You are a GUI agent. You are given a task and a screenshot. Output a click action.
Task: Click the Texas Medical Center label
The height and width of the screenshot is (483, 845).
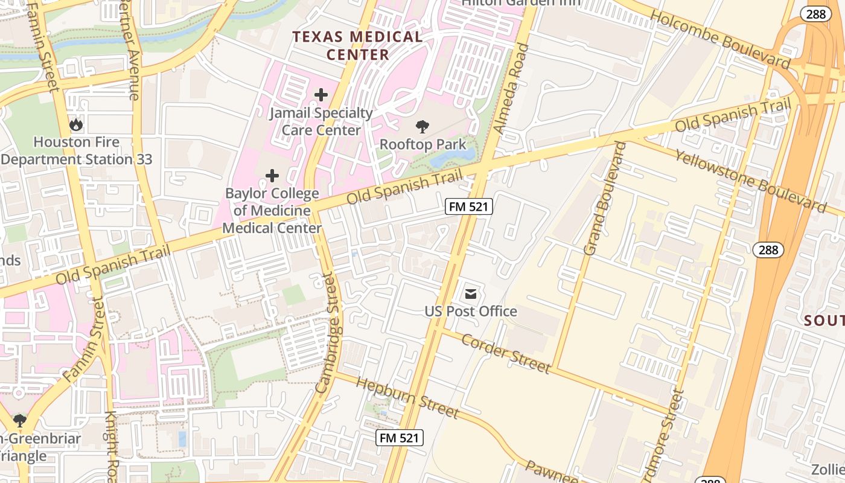(358, 45)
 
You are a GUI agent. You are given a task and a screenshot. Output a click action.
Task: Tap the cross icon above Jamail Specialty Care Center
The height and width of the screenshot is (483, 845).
(321, 95)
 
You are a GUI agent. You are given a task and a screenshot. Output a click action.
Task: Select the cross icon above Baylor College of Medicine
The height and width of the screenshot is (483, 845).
(272, 176)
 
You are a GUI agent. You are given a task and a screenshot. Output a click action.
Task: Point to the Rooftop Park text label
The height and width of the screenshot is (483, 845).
(422, 145)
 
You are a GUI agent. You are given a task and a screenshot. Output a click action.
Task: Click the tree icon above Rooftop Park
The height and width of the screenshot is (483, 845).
(422, 127)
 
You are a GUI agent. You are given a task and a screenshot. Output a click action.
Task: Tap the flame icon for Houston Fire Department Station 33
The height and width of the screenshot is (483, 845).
(76, 125)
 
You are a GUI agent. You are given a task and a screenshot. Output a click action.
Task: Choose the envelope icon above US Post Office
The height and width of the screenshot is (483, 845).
(471, 295)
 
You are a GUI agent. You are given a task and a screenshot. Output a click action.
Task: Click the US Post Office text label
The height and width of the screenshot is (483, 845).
(471, 312)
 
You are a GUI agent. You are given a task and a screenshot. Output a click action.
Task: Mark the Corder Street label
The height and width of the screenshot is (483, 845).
(506, 353)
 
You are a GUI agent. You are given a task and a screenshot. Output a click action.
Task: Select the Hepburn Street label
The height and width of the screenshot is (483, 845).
(407, 397)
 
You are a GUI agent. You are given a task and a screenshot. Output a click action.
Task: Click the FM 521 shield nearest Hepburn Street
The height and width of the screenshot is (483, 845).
(399, 438)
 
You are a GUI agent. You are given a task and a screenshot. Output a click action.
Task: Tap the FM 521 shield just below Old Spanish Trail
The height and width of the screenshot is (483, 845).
(469, 206)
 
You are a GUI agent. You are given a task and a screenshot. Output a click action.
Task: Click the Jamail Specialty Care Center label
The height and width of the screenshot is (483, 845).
(321, 121)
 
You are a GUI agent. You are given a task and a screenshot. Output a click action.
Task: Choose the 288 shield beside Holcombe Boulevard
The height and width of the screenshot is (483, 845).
(815, 14)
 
